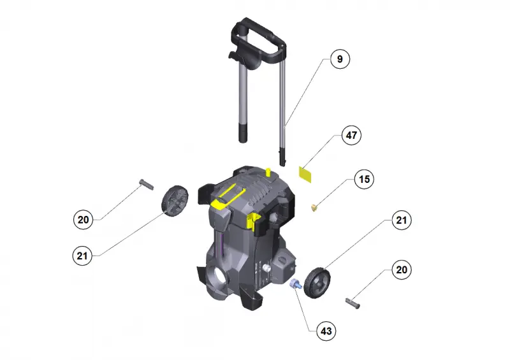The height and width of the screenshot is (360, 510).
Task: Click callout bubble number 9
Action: (340, 59)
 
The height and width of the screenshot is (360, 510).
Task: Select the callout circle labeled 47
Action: (351, 135)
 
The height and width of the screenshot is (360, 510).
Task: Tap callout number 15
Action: (364, 179)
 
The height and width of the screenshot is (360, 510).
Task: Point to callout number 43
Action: (326, 331)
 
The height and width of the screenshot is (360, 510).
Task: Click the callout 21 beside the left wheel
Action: (82, 256)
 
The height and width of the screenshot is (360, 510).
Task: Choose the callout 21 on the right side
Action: (402, 220)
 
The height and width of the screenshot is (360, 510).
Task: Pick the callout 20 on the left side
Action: (84, 220)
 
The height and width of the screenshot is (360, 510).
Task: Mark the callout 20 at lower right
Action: (402, 270)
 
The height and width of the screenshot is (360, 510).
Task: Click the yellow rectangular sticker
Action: (305, 175)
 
